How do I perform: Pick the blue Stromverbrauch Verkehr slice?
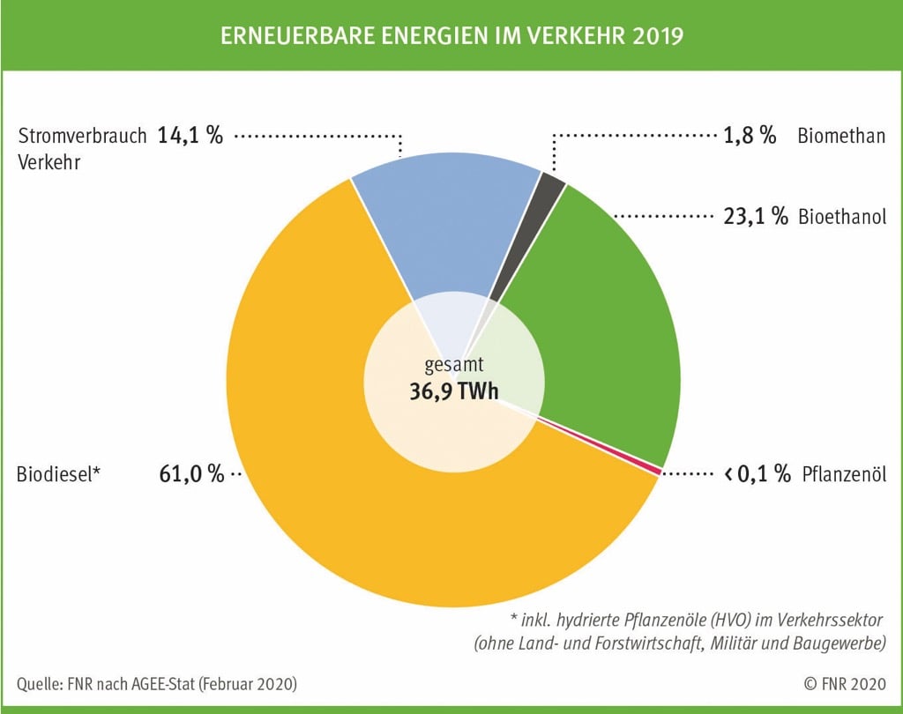[x=441, y=229]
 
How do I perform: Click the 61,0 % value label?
[x=192, y=473]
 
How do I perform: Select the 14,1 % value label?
[x=190, y=136]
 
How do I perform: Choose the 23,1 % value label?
[x=755, y=217]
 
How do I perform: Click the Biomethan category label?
[x=841, y=136]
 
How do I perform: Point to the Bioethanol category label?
[x=842, y=217]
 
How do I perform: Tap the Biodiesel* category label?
[x=59, y=473]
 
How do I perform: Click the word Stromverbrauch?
[x=82, y=136]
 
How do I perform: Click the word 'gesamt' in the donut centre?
[x=453, y=363]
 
